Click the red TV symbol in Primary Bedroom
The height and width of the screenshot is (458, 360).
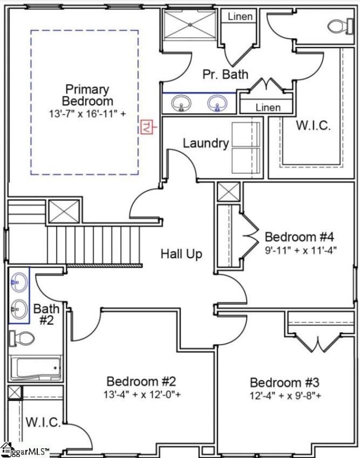147,127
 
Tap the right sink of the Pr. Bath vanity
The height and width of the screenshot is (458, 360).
217,104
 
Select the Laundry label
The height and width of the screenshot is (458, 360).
205,143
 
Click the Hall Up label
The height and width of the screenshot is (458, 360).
181,254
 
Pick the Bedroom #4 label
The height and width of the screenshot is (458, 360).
298,236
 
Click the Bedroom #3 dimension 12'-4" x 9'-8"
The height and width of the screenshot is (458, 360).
286,395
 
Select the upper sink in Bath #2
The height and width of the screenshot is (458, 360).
18,282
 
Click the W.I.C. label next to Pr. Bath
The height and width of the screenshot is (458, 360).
313,125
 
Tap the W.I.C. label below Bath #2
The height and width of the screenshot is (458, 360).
43,423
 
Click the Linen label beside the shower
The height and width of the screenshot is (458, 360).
240,16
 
